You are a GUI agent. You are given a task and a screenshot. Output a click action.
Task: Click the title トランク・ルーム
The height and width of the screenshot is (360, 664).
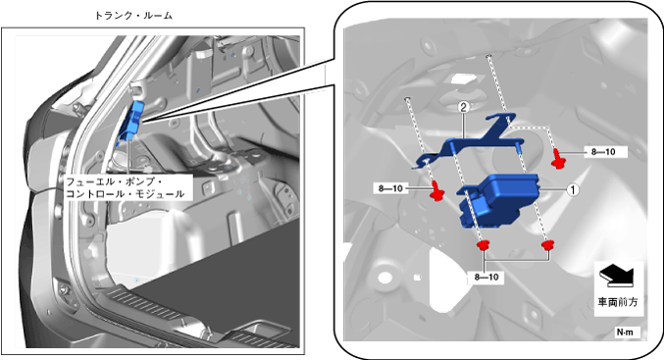pos(133,16)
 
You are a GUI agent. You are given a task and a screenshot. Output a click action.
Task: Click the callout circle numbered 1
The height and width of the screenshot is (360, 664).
pos(573,189)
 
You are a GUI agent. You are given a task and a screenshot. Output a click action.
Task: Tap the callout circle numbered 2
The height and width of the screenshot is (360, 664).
pos(464,108)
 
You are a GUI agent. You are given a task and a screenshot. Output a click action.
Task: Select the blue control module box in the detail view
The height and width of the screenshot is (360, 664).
pos(498,201)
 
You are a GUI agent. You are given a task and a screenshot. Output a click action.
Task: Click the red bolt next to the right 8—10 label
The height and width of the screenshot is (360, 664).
pos(558,158)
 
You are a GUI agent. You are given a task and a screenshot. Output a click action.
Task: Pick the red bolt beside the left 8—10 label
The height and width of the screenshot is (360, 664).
pos(436,190)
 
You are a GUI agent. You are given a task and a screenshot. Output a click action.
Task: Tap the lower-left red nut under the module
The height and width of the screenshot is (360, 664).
pos(483,245)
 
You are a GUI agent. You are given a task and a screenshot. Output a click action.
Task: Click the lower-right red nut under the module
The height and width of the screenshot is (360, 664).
pos(548,245)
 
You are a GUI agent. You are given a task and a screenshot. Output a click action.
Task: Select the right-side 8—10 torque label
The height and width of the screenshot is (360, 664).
pos(603,152)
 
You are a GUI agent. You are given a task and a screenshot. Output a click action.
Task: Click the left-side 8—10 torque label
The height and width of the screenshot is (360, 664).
pos(390,188)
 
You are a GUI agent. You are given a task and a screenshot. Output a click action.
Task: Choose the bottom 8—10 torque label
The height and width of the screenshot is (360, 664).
pos(486,278)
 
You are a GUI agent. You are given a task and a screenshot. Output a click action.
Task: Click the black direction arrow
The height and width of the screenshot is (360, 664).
pos(616,277)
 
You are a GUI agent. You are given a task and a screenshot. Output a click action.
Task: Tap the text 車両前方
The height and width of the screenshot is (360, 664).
pos(618,302)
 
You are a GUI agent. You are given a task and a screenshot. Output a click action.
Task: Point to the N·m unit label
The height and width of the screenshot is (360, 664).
pos(625,333)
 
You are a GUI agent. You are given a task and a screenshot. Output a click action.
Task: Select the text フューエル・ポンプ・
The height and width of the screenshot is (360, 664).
pos(114,182)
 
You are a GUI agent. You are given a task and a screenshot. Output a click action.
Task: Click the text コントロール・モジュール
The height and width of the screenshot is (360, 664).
pos(126,194)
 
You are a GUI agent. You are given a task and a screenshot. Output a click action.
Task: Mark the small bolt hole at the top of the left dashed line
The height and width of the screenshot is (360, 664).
pos(407,99)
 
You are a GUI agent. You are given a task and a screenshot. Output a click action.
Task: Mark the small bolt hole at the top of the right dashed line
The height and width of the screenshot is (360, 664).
pos(488,56)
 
